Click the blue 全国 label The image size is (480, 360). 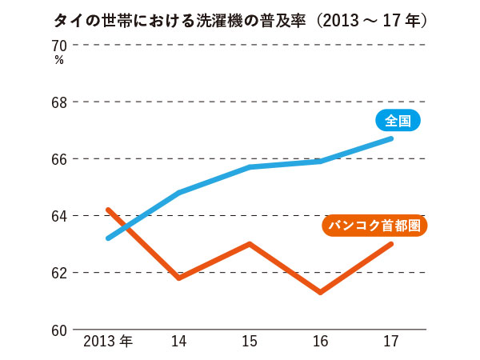pyautogui.click(x=397, y=121)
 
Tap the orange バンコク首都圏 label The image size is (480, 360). pyautogui.click(x=374, y=226)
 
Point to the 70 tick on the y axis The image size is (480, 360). pyautogui.click(x=61, y=46)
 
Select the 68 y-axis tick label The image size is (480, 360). pyautogui.click(x=61, y=102)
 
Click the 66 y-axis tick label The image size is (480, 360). pyautogui.click(x=61, y=159)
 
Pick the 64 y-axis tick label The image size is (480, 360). pyautogui.click(x=61, y=216)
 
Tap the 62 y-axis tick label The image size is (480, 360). pyautogui.click(x=61, y=273)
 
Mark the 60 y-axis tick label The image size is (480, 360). pyautogui.click(x=61, y=330)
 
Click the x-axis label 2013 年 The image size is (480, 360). pyautogui.click(x=108, y=342)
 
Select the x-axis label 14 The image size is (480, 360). pyautogui.click(x=178, y=342)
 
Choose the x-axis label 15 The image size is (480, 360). pyautogui.click(x=250, y=342)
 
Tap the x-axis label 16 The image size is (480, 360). pyautogui.click(x=321, y=342)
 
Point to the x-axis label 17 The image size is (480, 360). pyautogui.click(x=391, y=342)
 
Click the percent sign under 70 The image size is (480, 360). pyautogui.click(x=59, y=60)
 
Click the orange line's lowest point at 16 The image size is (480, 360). pyautogui.click(x=321, y=292)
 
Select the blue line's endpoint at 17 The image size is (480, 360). pyautogui.click(x=391, y=138)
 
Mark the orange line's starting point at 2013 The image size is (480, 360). pyautogui.click(x=108, y=210)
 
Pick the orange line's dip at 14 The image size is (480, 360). pyautogui.click(x=178, y=278)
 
